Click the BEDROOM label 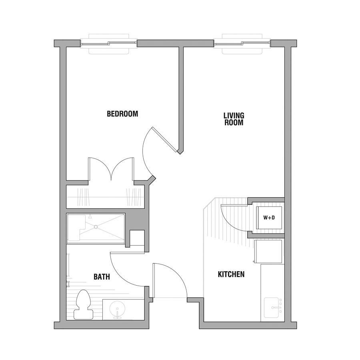122,114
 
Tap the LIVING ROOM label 234,119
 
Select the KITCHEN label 231,274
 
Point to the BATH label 102,277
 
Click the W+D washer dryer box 269,218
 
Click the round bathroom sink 117,309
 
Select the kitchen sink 273,308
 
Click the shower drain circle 96,227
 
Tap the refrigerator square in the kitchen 268,252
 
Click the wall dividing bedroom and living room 181,99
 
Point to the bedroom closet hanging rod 105,197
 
